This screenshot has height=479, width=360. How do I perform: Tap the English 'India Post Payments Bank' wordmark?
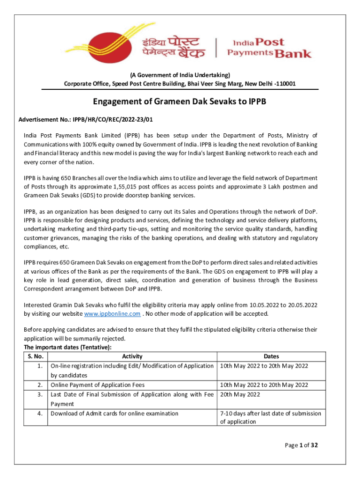pyautogui.click(x=269, y=48)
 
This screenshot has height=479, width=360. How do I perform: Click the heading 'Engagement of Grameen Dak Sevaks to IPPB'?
pyautogui.click(x=180, y=101)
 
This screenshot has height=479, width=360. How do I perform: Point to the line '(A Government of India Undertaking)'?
pyautogui.click(x=180, y=75)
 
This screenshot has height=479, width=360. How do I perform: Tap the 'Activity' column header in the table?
pyautogui.click(x=132, y=356)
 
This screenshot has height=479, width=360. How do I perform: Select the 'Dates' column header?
pyautogui.click(x=271, y=356)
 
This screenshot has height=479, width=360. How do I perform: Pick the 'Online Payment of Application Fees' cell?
pyautogui.click(x=98, y=385)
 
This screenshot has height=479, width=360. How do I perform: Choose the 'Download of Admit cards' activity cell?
pyautogui.click(x=115, y=414)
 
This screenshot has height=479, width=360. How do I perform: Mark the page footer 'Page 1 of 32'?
pyautogui.click(x=302, y=445)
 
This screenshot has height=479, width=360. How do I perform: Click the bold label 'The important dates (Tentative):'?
pyautogui.click(x=68, y=348)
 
